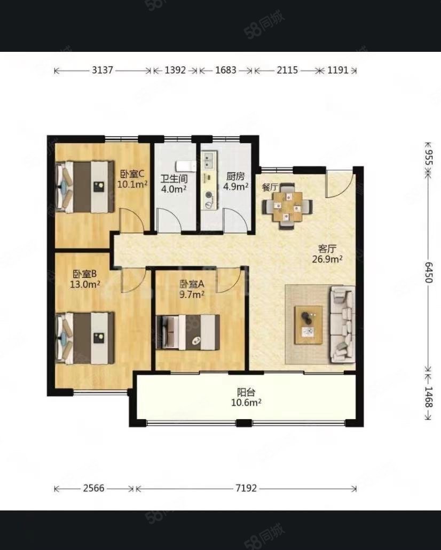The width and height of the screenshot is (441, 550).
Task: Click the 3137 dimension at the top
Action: click(x=103, y=70)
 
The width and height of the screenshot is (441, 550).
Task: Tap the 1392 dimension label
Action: click(x=175, y=70)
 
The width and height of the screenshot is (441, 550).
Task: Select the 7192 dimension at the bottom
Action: click(x=246, y=488)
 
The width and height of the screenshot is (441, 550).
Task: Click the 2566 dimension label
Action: click(x=93, y=488)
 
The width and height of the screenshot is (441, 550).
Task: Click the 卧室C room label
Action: click(x=132, y=174)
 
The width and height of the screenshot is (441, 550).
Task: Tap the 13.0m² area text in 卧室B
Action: click(x=85, y=284)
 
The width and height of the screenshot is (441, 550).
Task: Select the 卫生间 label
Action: click(x=174, y=179)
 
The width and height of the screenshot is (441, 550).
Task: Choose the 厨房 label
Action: click(x=236, y=176)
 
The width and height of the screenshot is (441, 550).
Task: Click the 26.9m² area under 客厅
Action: click(x=327, y=259)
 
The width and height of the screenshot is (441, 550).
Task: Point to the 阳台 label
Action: click(x=246, y=392)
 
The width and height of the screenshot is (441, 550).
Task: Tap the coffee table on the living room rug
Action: click(x=309, y=325)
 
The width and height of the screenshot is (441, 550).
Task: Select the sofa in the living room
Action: click(x=343, y=324)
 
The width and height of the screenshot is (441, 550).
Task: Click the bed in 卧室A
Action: click(x=188, y=332)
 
